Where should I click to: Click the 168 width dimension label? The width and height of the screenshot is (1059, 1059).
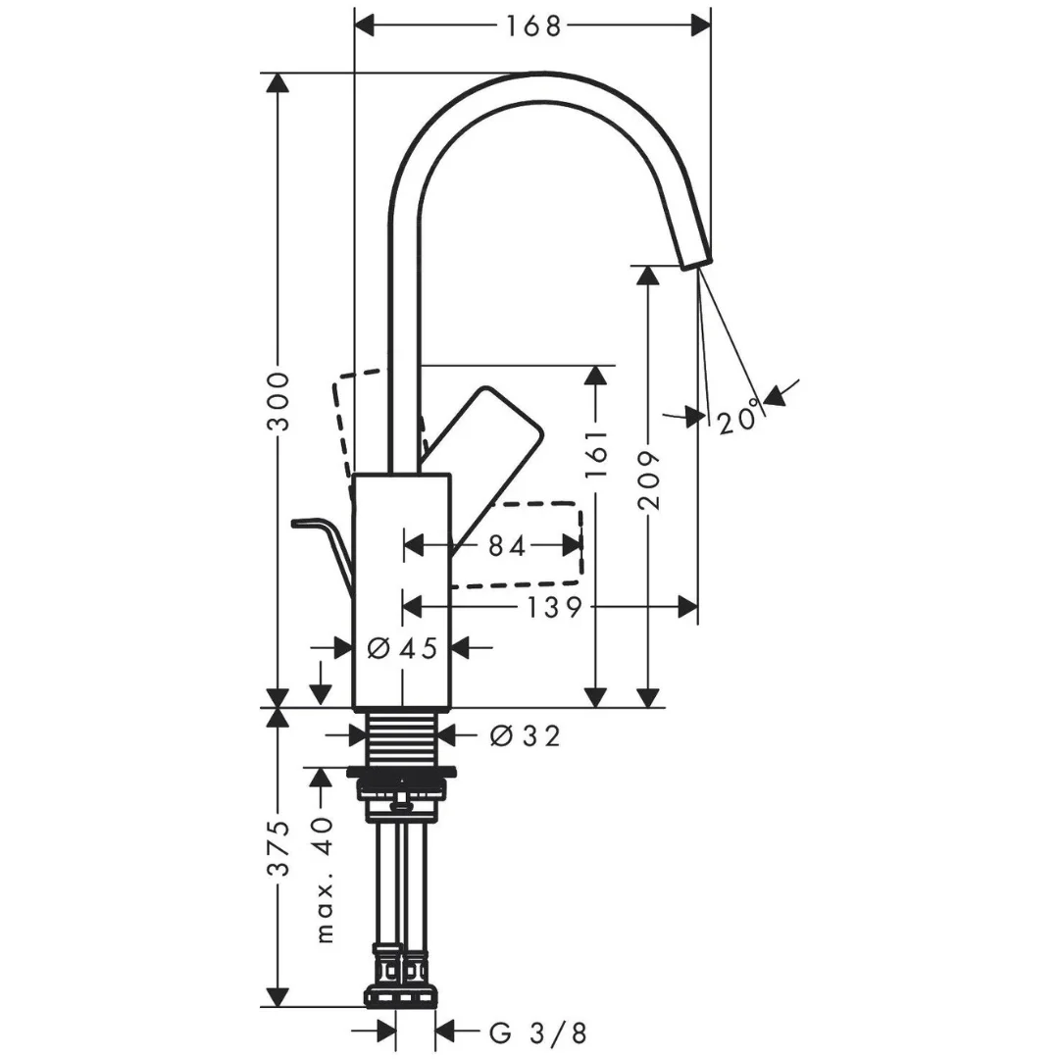click(x=533, y=26)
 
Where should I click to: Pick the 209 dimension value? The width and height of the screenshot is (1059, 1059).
click(x=648, y=479)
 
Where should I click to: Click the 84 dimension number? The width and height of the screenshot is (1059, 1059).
click(x=507, y=546)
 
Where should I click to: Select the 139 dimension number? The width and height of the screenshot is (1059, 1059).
click(x=554, y=607)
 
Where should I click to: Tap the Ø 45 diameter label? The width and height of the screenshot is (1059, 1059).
click(x=403, y=648)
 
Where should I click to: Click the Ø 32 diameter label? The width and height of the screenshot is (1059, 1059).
click(x=525, y=735)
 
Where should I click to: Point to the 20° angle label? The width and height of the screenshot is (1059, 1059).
click(x=739, y=419)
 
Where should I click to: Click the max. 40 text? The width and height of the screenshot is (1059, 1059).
click(x=325, y=880)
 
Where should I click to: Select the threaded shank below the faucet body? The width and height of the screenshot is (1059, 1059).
click(x=402, y=738)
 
